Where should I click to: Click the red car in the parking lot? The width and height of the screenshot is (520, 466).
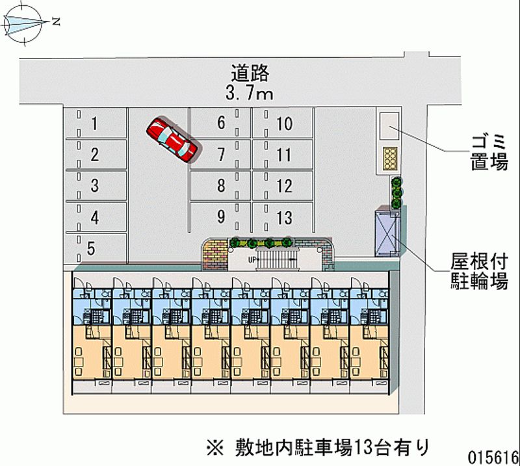coord(172,138)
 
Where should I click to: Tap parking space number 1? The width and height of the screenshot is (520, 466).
coord(95,123)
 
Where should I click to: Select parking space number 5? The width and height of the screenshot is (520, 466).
coord(92,248)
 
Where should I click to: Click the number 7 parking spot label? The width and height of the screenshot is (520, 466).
coord(221,155)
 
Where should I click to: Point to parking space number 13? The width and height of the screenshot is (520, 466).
coord(284,217)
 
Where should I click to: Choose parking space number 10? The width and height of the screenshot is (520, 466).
coord(284,123)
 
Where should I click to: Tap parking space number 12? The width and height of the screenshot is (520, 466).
coord(284,186)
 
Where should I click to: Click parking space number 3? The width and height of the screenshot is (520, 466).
coord(95,186)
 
